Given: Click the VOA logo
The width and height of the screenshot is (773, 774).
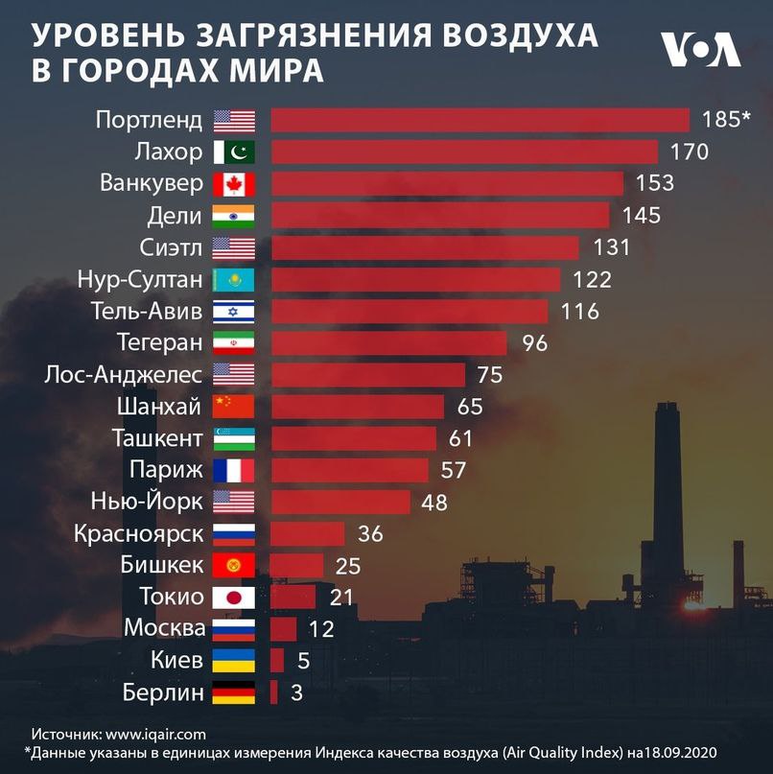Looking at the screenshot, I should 700,49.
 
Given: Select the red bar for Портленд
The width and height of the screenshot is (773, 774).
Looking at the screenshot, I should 480,120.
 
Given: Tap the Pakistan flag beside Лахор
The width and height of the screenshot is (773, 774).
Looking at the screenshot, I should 234,152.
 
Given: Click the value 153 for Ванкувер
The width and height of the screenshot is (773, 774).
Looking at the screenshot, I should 649,183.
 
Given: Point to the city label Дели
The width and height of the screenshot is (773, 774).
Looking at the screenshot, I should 176,215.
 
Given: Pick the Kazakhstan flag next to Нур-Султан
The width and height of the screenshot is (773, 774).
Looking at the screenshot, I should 234,279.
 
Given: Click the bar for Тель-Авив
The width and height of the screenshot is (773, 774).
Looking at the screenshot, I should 409,311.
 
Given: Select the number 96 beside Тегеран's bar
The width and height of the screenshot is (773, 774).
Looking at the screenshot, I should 534,342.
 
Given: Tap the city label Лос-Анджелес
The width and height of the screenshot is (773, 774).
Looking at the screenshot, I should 124,374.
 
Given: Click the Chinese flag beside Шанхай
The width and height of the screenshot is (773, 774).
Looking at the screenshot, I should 234,406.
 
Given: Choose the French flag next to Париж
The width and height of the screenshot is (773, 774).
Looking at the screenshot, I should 234,470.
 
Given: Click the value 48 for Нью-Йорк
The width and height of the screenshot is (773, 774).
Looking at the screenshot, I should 434,502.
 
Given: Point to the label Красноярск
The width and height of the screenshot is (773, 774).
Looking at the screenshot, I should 138,533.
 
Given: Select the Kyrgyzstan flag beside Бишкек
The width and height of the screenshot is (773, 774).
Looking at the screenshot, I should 234,565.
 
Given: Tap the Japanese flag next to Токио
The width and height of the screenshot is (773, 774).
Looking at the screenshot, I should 234,597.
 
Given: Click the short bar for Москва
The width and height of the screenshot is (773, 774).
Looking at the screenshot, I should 283,628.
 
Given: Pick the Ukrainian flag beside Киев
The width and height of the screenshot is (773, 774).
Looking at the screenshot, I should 234,660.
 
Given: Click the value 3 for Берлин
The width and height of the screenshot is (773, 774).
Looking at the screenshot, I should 295,692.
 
